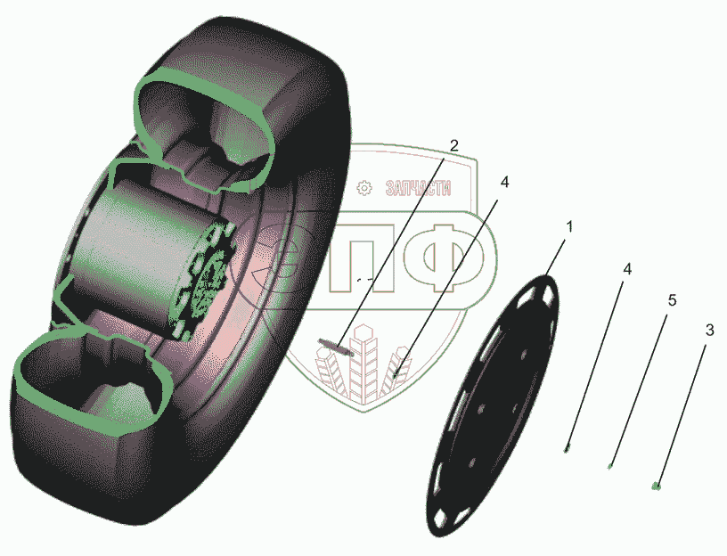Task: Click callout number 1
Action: point(569,227)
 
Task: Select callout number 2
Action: point(453,145)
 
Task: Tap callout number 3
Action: point(709,331)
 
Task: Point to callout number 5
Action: point(672,300)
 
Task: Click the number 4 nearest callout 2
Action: point(504,183)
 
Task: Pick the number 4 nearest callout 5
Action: point(627,269)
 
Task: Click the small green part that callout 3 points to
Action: point(656,486)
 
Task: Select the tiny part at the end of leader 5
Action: point(610,466)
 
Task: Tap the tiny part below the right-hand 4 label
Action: point(566,449)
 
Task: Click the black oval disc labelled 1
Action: point(493,405)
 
